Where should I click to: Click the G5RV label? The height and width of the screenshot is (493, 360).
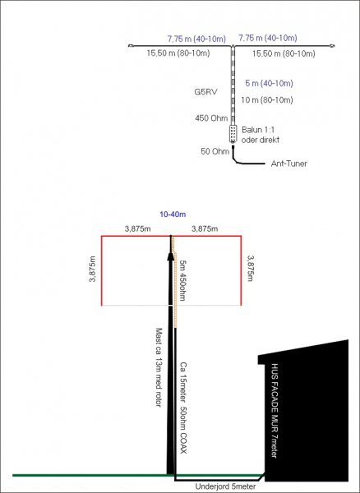pos(205,92)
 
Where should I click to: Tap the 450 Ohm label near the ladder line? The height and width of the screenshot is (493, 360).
pos(211,118)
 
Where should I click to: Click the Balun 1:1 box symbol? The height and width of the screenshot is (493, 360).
pos(233,134)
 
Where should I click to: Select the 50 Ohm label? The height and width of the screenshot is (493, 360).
pos(215,151)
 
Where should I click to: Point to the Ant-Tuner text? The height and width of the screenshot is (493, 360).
pos(289,164)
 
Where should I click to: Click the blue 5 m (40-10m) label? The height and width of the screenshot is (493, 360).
pos(269,83)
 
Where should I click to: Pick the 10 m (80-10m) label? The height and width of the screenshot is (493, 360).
pos(267,100)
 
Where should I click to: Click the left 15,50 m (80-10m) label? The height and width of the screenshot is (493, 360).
pos(178,53)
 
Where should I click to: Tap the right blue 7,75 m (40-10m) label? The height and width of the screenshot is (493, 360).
pos(268,38)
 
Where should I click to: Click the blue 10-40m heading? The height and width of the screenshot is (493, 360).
pos(173,214)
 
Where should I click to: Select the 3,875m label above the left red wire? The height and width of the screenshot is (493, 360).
pos(137,229)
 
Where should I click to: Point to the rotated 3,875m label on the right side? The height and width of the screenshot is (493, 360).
pos(251,268)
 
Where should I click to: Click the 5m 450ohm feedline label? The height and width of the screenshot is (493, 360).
pos(182,280)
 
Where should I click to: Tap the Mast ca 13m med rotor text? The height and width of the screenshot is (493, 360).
pos(159,367)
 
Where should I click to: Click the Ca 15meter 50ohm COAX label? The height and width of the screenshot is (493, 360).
pos(183,408)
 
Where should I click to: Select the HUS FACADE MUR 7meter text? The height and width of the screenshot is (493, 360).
pos(275,411)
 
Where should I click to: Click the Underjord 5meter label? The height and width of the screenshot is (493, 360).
pos(225,486)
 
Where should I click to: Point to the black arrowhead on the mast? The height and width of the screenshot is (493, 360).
pos(170,256)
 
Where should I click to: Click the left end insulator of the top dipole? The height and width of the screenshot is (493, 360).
pos(131,46)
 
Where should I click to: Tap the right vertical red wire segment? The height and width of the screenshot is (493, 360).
pos(241,270)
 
